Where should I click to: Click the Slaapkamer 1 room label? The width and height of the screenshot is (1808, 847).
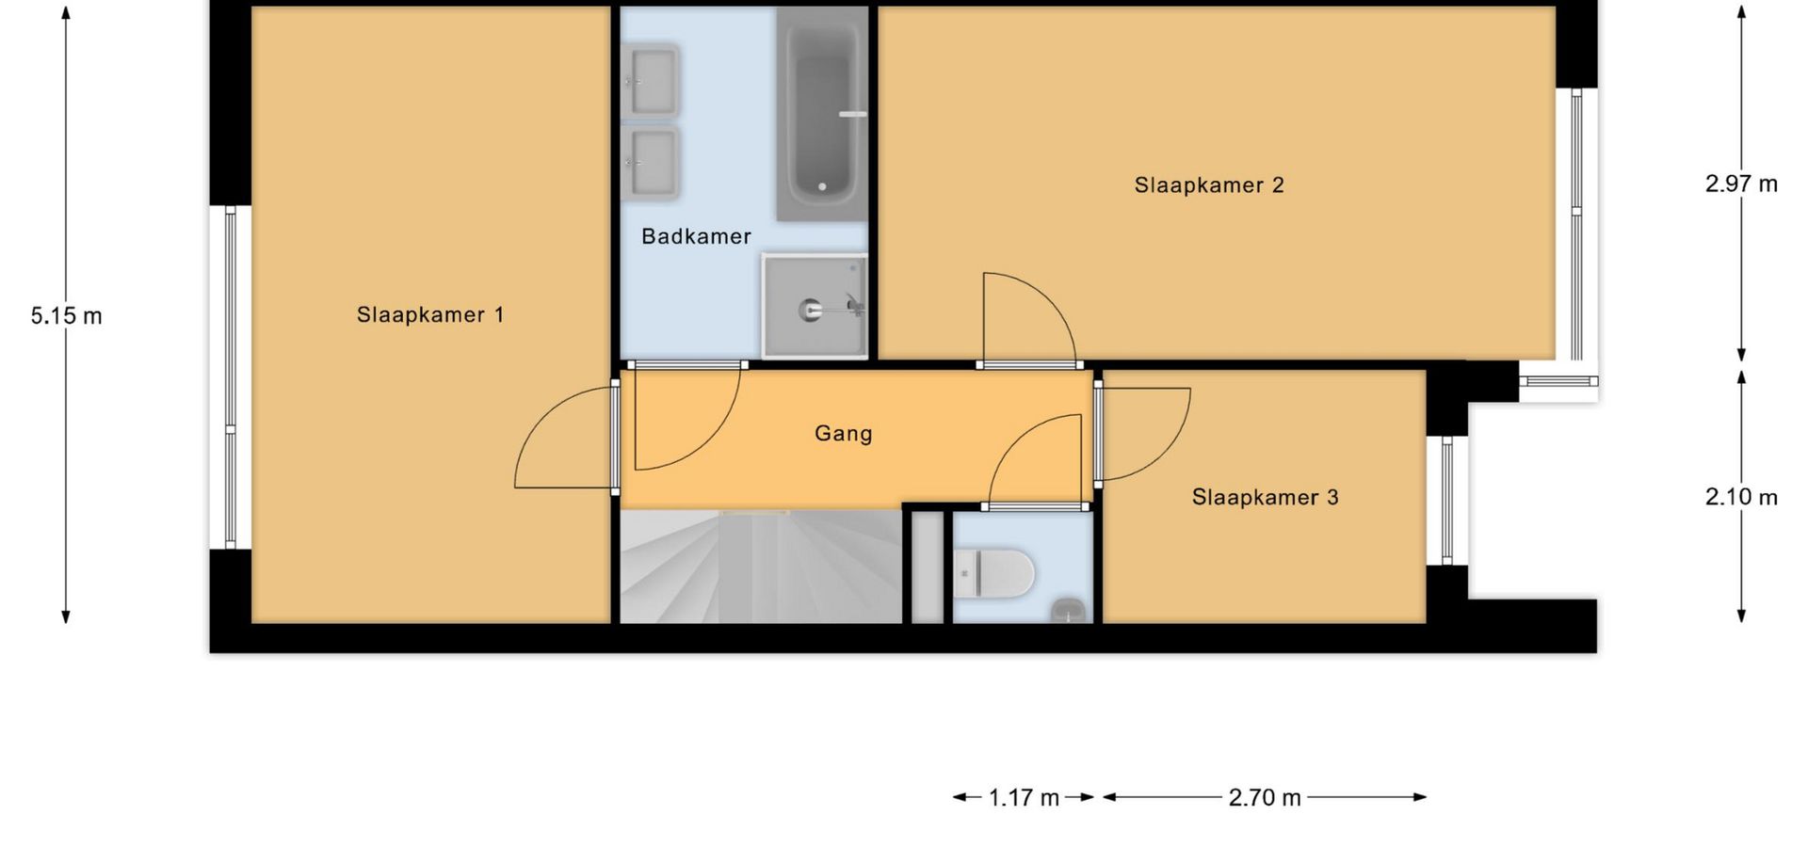430,314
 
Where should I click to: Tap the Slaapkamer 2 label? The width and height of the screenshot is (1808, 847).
1209,184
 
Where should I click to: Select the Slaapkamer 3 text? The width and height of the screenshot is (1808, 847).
1265,497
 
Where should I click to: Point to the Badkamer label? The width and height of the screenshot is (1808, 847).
696,236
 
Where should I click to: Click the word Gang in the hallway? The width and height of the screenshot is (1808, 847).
843,434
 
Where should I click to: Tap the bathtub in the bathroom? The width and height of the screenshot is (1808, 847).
822,115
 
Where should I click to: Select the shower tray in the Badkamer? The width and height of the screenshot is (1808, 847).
815,306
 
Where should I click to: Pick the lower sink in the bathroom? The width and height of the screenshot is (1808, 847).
651,162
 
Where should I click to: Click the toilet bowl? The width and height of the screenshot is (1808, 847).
994,573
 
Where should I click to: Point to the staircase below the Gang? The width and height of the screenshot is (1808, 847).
761,567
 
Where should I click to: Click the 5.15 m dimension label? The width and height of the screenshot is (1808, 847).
66,316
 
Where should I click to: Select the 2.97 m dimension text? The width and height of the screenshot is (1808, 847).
1741,184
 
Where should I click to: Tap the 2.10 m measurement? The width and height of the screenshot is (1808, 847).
1741,497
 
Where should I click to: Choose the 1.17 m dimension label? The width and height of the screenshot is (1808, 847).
1024,798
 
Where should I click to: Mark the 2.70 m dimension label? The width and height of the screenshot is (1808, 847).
1265,798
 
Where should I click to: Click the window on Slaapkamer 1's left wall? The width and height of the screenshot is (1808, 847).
230,376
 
